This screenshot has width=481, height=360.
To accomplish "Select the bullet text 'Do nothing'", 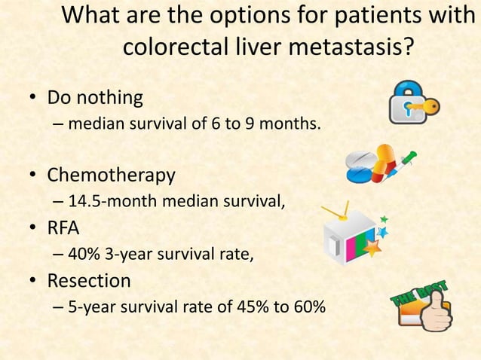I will (x=95, y=99).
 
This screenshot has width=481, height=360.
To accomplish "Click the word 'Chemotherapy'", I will (x=112, y=175).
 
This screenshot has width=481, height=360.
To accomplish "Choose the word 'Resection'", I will (x=89, y=281).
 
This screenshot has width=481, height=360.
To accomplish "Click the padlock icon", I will (x=407, y=104).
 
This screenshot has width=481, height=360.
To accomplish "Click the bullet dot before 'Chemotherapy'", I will (x=33, y=176).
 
